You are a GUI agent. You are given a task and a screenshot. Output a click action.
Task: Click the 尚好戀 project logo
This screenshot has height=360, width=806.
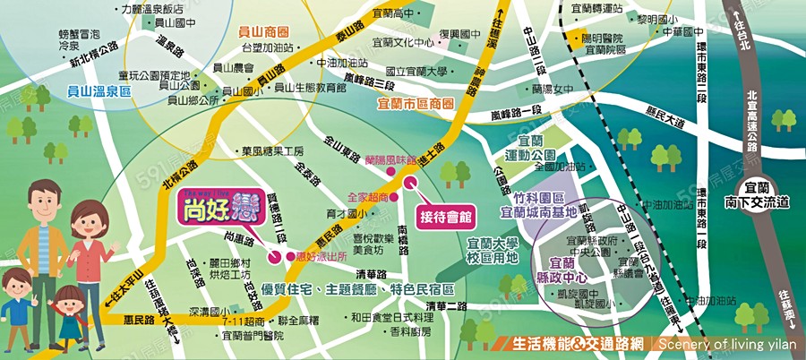tap(209, 209)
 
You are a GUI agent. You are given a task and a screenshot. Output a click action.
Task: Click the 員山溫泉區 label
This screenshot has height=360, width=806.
tap(99, 91)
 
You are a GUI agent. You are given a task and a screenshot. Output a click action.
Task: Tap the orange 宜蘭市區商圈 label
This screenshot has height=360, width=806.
tap(416, 103)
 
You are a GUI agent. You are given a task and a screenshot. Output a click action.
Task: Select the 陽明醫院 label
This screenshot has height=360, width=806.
tap(601, 39)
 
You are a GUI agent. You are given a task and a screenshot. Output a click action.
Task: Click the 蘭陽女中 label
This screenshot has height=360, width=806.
tap(552, 90)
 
